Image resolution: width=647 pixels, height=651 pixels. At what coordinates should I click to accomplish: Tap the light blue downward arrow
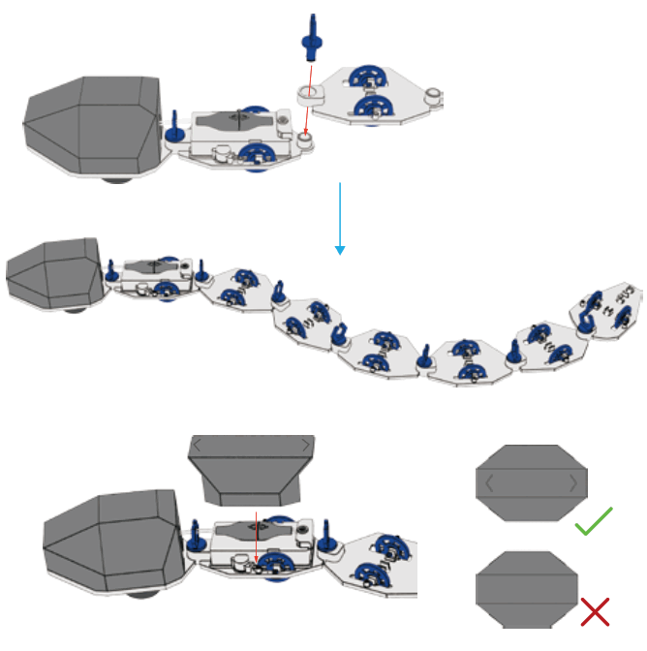340,217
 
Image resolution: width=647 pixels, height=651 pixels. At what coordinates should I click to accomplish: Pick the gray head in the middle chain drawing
52,272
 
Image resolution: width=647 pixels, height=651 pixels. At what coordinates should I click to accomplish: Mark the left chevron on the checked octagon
491,481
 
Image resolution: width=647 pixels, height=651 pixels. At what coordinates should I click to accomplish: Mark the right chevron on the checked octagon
573,481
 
